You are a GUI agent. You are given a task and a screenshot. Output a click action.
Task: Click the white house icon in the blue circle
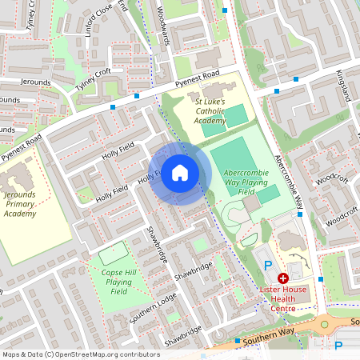coord(180,173)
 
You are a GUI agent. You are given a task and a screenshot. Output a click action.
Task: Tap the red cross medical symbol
coord(283,278)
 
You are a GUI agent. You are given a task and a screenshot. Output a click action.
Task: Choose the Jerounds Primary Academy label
coord(19,204)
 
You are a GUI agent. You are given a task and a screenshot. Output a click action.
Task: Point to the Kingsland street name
coord(344,84)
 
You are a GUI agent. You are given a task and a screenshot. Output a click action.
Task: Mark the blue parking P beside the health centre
coord(269,265)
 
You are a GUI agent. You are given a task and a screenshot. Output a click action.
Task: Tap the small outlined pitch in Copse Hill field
coord(113,252)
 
